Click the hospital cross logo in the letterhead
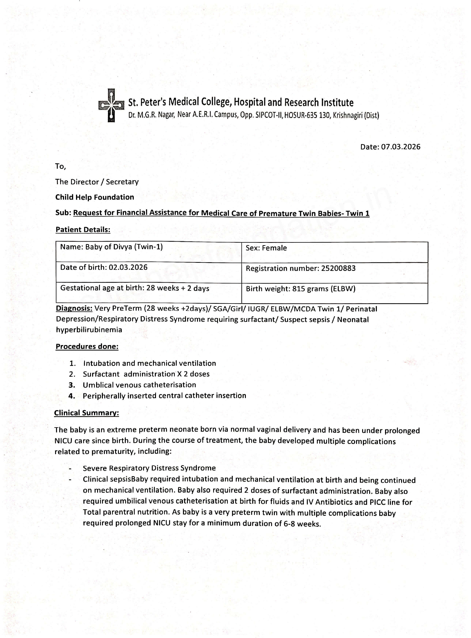111,105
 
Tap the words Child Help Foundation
94,197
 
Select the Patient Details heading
83,230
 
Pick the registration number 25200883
338,268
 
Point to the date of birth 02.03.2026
128,267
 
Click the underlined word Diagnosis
74,309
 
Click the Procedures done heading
87,347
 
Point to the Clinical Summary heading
86,413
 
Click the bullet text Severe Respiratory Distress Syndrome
149,468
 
